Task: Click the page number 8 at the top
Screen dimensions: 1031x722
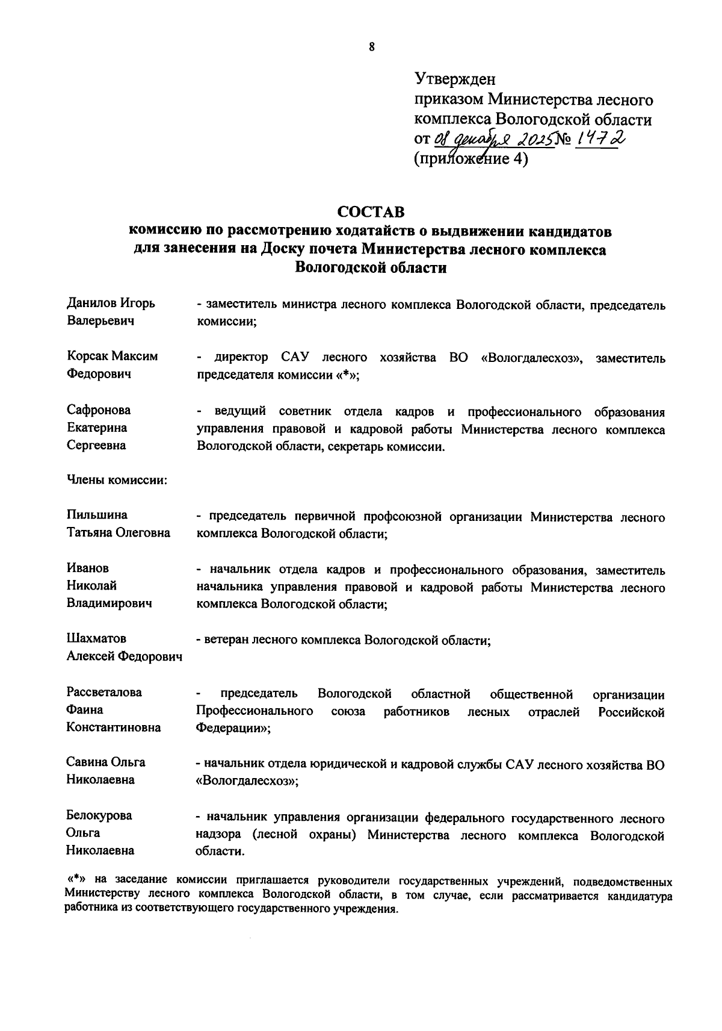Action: pos(371,47)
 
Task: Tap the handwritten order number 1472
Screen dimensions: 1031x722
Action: pos(599,139)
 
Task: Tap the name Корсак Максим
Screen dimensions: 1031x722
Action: pos(112,356)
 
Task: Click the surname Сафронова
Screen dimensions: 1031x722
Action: pos(98,410)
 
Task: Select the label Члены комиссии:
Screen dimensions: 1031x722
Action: pos(116,480)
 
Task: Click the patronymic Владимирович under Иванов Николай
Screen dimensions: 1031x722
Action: pos(108,603)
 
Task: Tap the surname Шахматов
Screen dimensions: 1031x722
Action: pos(96,638)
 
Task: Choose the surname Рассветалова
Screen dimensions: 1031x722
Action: pos(104,692)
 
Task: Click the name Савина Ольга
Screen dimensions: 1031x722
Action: pos(106,762)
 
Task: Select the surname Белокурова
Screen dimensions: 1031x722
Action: pos(99,815)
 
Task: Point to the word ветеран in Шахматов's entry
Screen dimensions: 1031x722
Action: pos(226,641)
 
